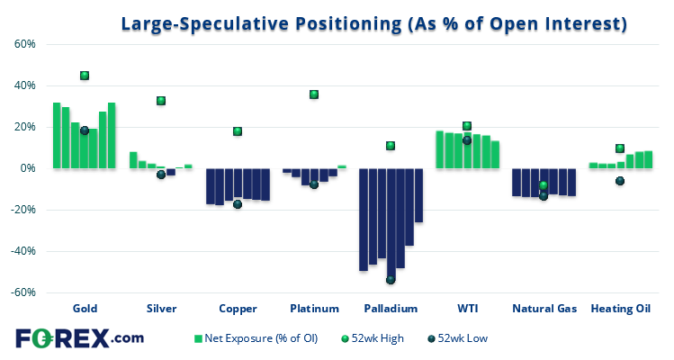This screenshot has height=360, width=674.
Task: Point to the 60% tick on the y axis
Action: pos(23,44)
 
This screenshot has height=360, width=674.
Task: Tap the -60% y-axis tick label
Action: pos(22,292)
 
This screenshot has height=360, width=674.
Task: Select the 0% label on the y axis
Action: pos(27,168)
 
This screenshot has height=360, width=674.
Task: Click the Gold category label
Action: pos(85,309)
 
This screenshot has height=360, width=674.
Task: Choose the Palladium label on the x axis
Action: pos(391,309)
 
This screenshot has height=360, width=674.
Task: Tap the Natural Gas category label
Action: pos(544,309)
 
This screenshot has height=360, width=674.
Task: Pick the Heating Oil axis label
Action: pos(620,309)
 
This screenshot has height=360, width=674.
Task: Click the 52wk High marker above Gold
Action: pos(85,76)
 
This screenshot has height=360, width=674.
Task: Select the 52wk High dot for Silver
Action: pos(161,101)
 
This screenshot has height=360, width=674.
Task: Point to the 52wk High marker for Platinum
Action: pos(314,94)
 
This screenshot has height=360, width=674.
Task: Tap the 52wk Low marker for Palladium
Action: pos(391,280)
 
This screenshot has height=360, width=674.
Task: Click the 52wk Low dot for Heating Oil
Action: pos(620,181)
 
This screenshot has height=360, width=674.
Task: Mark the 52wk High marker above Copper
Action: pos(238,131)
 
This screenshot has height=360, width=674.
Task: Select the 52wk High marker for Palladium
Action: pos(391,146)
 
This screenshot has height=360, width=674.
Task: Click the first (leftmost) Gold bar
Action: pos(57,135)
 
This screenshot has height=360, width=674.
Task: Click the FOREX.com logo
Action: pos(79,339)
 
